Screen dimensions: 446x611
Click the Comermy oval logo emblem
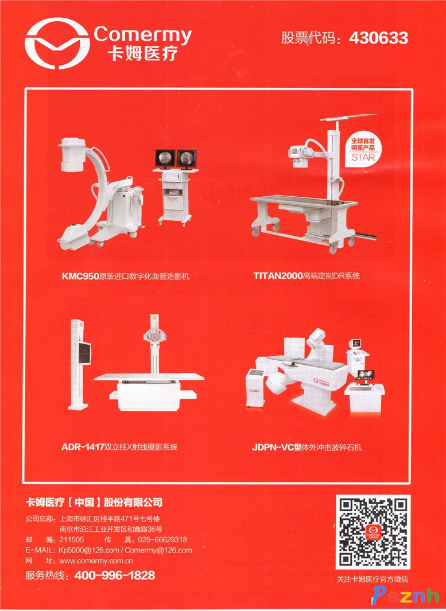click(57, 43)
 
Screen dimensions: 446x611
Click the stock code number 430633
click(378, 38)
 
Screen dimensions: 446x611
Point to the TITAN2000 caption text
click(307, 276)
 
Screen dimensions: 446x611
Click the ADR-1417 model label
click(83, 447)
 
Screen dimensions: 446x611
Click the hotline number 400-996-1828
click(115, 575)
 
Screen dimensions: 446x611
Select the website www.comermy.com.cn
click(96, 561)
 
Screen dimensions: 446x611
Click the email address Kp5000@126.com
click(89, 550)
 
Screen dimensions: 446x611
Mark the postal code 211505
click(71, 540)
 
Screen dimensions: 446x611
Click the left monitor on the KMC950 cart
click(165, 158)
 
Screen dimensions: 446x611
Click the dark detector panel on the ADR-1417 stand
click(84, 353)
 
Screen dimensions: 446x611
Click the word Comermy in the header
click(143, 35)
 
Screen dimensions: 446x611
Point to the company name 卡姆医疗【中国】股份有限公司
click(94, 503)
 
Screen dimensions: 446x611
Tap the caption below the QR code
click(373, 579)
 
